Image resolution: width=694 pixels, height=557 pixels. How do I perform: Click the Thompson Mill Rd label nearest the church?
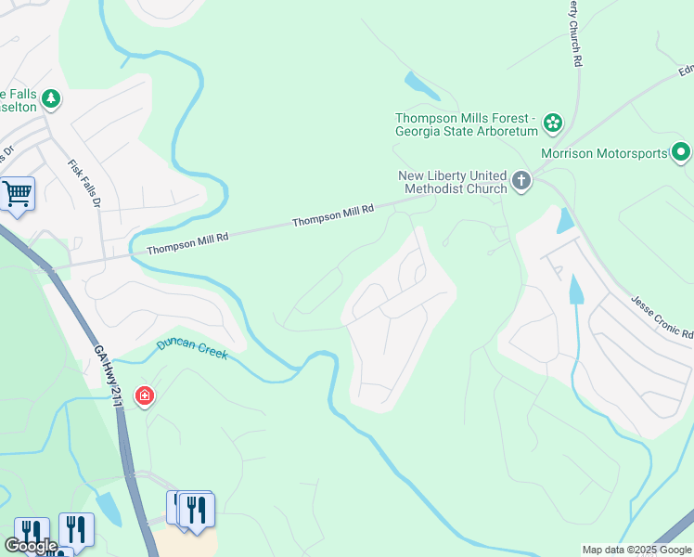pyautogui.click(x=333, y=216)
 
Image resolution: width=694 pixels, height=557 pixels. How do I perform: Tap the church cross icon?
pyautogui.click(x=520, y=180)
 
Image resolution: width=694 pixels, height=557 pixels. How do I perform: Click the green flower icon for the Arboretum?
pyautogui.click(x=553, y=123)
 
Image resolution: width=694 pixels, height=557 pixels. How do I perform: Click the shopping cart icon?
pyautogui.click(x=17, y=194)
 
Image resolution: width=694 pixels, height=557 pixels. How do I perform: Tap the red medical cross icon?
pyautogui.click(x=144, y=397)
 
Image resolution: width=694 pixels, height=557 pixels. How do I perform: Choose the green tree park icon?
pyautogui.click(x=51, y=97)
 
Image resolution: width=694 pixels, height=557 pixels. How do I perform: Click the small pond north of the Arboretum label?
pyautogui.click(x=421, y=85)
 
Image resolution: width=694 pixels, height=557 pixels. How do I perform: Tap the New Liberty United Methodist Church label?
pyautogui.click(x=453, y=182)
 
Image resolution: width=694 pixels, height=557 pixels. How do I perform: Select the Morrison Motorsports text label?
pyautogui.click(x=616, y=153)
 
